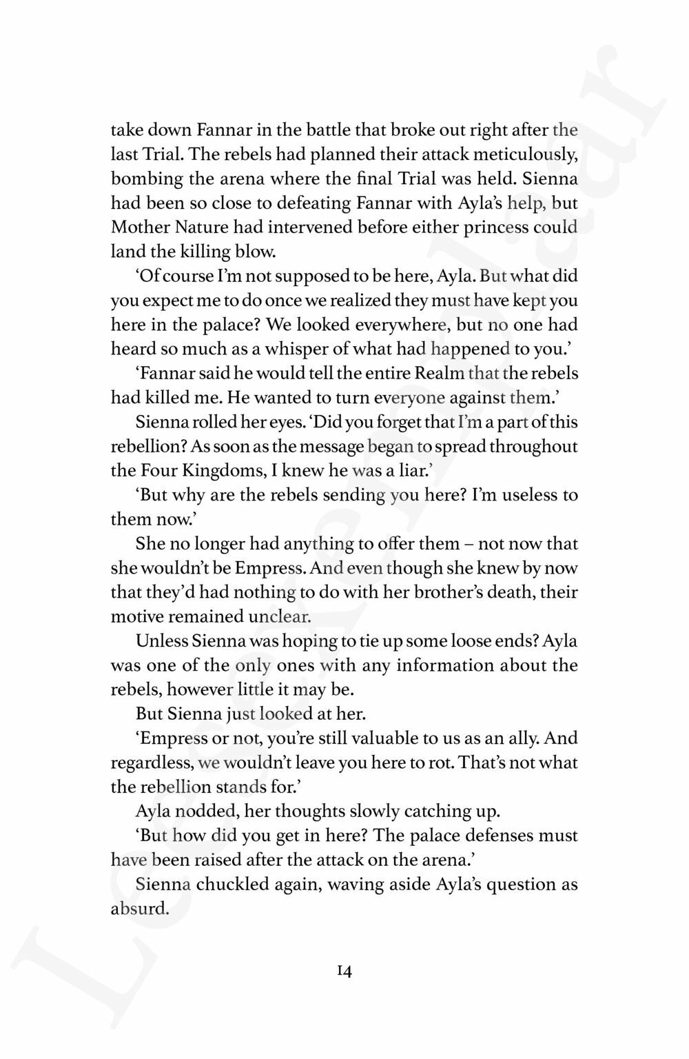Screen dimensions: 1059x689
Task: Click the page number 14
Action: [x=344, y=971]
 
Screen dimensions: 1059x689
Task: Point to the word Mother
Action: [x=135, y=228]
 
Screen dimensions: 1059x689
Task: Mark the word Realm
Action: [x=438, y=374]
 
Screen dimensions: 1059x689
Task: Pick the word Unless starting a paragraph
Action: [x=162, y=641]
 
